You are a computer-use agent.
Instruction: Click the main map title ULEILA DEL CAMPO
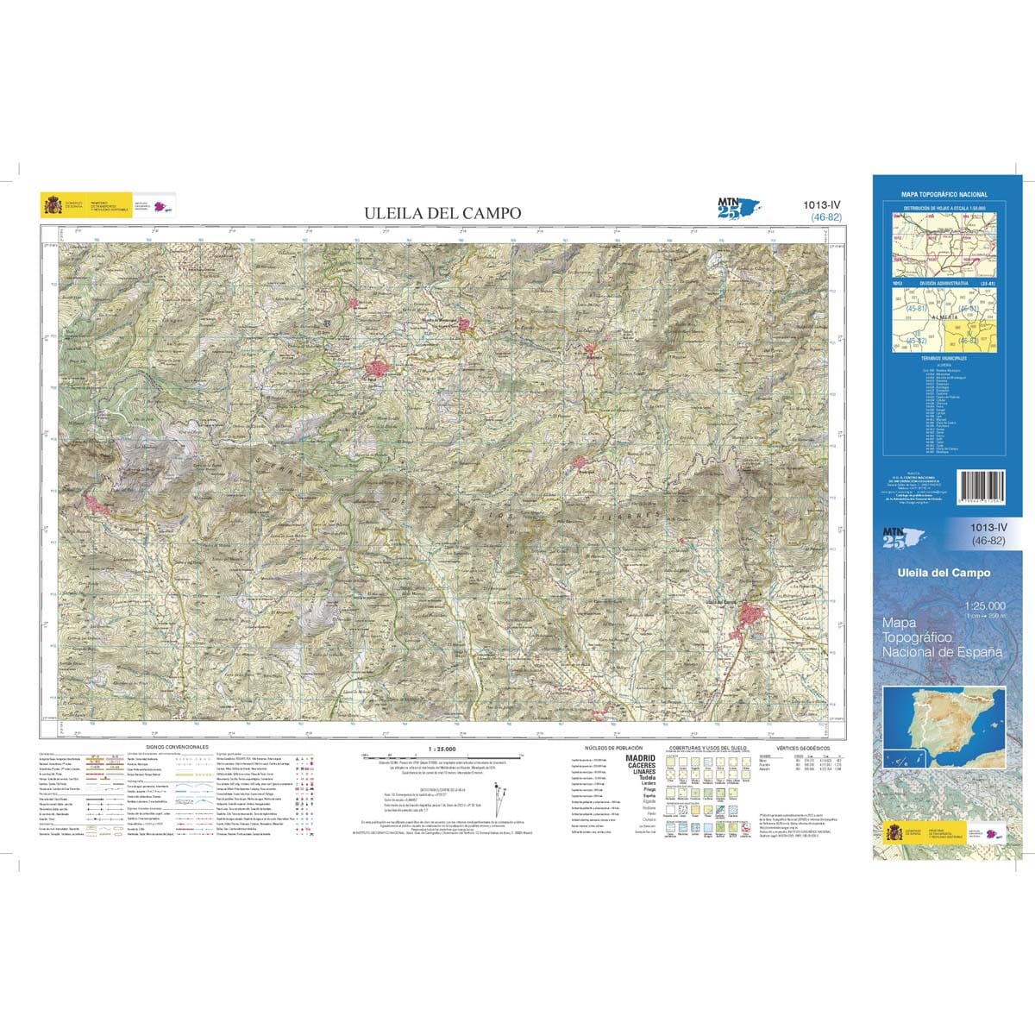tap(442, 212)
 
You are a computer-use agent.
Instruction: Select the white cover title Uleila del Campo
tap(944, 573)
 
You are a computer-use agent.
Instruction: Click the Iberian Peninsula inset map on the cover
tap(945, 730)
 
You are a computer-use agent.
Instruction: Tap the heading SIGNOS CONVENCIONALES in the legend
tap(177, 747)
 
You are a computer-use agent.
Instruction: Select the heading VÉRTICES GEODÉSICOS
tap(802, 748)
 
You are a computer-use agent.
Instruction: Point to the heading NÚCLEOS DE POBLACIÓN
tap(613, 748)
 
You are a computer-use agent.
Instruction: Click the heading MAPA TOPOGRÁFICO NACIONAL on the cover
tap(944, 195)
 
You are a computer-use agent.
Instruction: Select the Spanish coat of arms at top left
tap(53, 205)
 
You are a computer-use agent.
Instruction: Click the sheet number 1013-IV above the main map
tap(820, 204)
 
